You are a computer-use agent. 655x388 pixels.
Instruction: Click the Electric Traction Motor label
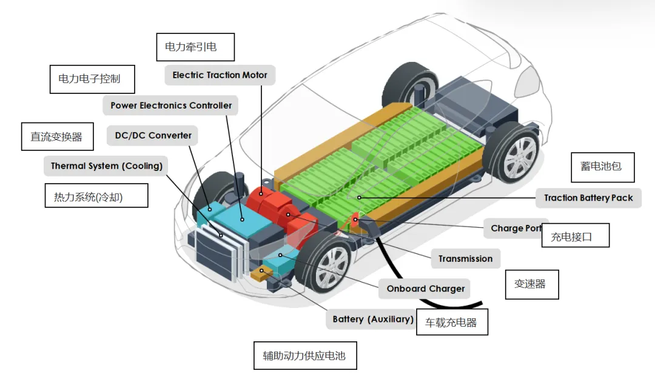(x=220, y=75)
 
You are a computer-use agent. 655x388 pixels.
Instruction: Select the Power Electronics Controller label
(x=171, y=105)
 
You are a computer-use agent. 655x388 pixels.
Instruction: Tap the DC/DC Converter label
(x=153, y=135)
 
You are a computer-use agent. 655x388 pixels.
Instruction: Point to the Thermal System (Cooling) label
(x=106, y=166)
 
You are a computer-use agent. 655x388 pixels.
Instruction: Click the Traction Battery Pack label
(x=588, y=198)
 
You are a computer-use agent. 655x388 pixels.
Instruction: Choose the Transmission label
(x=465, y=259)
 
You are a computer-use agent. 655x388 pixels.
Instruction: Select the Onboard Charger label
(x=425, y=289)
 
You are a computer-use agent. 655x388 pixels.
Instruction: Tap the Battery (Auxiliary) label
(x=372, y=319)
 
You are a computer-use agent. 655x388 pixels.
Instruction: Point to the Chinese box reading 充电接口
(x=574, y=236)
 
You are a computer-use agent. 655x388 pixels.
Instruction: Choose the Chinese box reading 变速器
(x=531, y=284)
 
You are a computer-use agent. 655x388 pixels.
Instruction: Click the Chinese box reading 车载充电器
(x=452, y=323)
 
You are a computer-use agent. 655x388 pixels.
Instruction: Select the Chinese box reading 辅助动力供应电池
(x=304, y=355)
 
